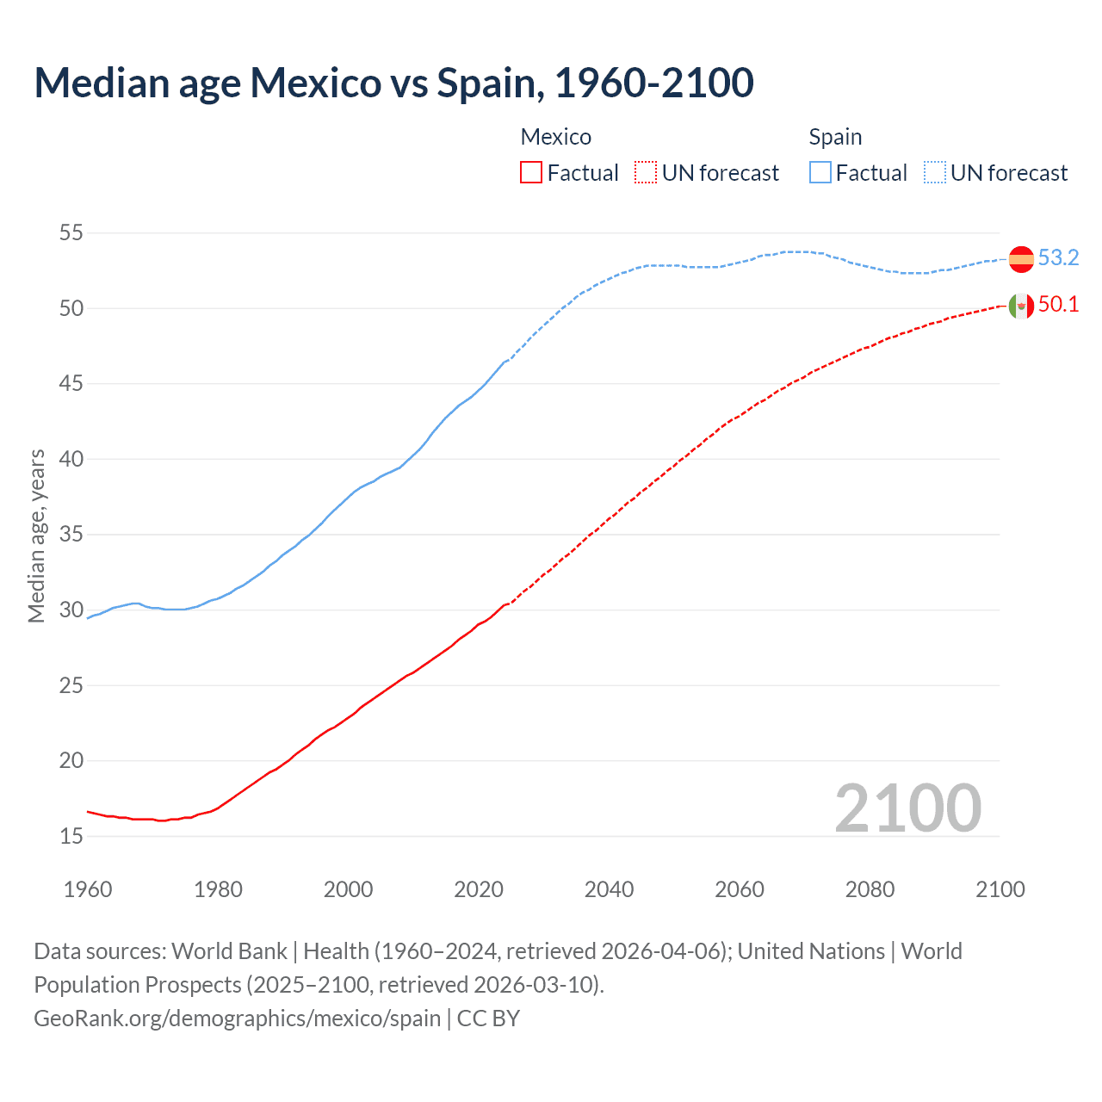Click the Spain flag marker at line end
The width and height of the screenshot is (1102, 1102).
pos(1021,258)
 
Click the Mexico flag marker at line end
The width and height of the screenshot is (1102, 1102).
pos(1021,306)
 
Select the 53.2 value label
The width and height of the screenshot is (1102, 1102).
pos(1058,258)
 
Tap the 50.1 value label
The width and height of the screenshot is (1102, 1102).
pos(1058,305)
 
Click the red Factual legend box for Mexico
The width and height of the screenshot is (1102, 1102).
pos(531,173)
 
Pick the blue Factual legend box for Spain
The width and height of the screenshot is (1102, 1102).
pos(820,173)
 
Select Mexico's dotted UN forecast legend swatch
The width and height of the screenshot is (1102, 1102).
pos(646,173)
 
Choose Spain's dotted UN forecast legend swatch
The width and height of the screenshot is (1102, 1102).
pos(935,173)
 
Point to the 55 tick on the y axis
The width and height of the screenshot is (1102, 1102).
pos(71,232)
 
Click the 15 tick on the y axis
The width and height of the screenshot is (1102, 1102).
pos(71,836)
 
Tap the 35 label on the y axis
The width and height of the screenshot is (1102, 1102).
pos(71,535)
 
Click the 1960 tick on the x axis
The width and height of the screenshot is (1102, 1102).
pos(88,889)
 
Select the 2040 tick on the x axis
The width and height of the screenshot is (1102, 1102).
pos(609,889)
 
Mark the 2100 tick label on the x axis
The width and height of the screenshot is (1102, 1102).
pos(1000,889)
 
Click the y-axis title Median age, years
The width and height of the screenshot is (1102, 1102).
pos(36,536)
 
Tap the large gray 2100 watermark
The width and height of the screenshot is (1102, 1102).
pos(907,808)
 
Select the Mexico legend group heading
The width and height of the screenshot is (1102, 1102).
pos(556,137)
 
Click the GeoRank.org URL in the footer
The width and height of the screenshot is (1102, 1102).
pos(237,1018)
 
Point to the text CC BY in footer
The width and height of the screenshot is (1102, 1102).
pos(488,1018)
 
